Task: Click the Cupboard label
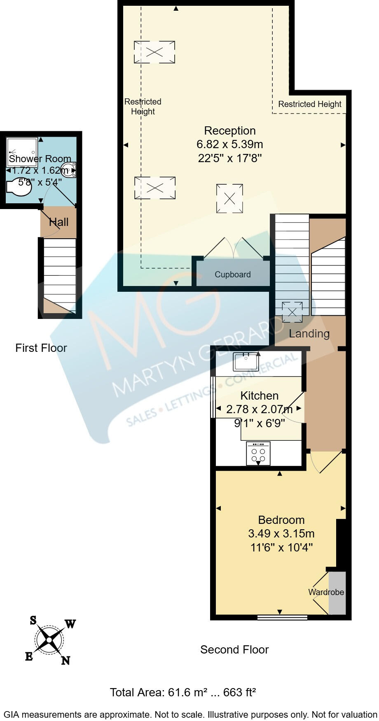click(x=232, y=274)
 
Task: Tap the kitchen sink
click(x=246, y=362)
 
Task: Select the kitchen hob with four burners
click(x=258, y=454)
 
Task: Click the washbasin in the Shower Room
click(x=68, y=170)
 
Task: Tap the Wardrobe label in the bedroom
click(x=326, y=592)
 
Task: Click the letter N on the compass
click(x=66, y=661)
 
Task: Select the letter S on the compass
click(x=33, y=620)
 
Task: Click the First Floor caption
click(x=41, y=348)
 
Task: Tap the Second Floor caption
click(x=234, y=650)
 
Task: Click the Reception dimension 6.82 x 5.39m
click(x=229, y=144)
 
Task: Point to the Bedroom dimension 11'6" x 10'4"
click(x=281, y=548)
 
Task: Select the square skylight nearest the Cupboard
click(x=229, y=199)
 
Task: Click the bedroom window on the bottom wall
click(x=282, y=617)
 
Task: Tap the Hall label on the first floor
click(x=58, y=223)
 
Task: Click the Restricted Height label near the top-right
click(x=309, y=104)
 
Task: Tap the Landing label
click(x=309, y=334)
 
